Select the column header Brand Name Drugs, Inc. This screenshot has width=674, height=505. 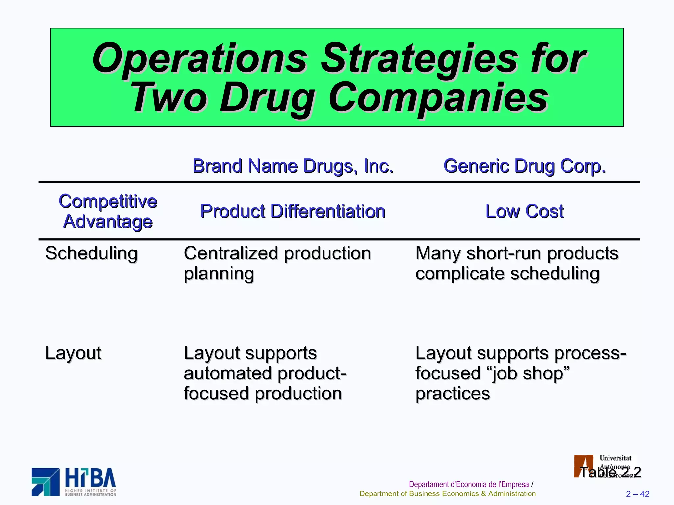click(x=293, y=166)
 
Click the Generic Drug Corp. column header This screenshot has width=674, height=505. click(x=524, y=166)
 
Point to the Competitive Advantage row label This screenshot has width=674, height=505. click(x=108, y=211)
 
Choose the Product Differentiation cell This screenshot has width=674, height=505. click(x=293, y=211)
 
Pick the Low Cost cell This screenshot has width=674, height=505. click(x=525, y=211)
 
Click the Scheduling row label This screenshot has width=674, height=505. click(x=91, y=253)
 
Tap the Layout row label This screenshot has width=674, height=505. click(x=73, y=353)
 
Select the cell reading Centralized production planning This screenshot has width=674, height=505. click(x=277, y=263)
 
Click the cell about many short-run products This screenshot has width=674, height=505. click(x=517, y=263)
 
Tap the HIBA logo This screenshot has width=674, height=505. click(x=74, y=482)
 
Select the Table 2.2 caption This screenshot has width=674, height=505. click(x=610, y=472)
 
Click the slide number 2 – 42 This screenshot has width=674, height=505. click(x=637, y=494)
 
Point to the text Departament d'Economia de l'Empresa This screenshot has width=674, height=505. click(x=469, y=484)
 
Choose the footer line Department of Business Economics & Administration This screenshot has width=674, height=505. click(x=447, y=494)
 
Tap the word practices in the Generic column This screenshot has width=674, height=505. click(x=453, y=394)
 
